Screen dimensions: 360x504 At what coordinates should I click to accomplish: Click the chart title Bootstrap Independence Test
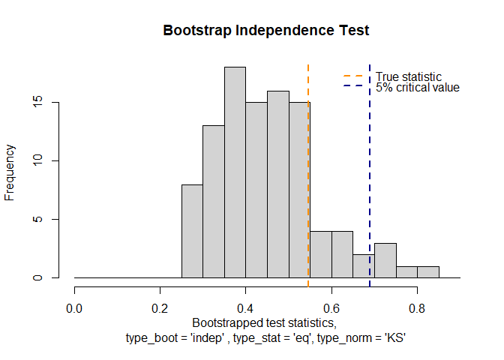pos(267,31)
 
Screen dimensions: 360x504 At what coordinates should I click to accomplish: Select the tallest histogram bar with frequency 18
pos(235,172)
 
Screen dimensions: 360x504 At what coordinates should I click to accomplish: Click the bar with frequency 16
pos(278,184)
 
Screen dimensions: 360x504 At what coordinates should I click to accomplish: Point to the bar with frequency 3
pos(385,260)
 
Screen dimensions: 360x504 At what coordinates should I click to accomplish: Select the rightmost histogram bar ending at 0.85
pos(428,272)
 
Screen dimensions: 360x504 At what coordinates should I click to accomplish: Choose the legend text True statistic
pos(409,76)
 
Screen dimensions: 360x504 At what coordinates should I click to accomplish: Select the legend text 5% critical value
pos(418,88)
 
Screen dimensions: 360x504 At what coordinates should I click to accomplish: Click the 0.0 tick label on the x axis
pos(74,307)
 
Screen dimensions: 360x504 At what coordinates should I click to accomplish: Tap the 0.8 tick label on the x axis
pos(417,307)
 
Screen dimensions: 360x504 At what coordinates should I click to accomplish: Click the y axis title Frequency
pos(10,172)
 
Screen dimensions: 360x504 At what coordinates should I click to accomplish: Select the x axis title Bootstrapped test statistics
pos(265,323)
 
